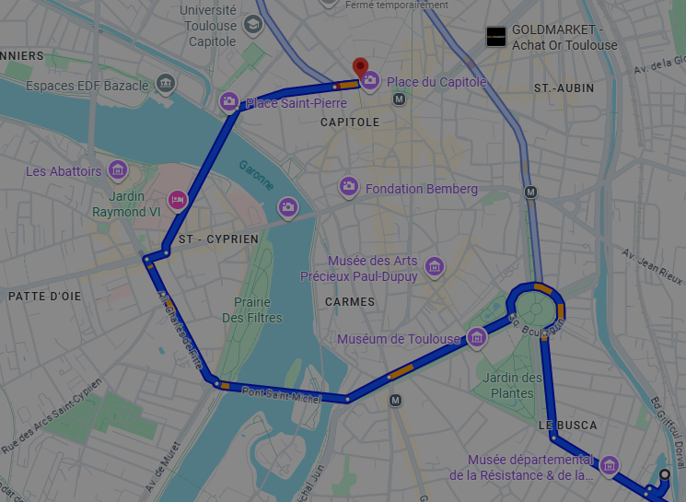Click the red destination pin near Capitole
pyautogui.click(x=361, y=66)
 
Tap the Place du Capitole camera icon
pyautogui.click(x=370, y=82)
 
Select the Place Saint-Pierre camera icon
pyautogui.click(x=229, y=102)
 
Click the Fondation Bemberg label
pyautogui.click(x=421, y=189)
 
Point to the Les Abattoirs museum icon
pyautogui.click(x=118, y=170)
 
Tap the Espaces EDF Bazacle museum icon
pyautogui.click(x=166, y=85)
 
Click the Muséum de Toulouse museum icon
pyautogui.click(x=477, y=338)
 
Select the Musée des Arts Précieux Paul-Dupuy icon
pyautogui.click(x=435, y=268)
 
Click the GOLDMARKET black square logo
pyautogui.click(x=496, y=37)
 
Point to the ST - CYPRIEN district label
pyautogui.click(x=218, y=239)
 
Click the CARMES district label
pyautogui.click(x=350, y=301)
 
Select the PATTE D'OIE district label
pyautogui.click(x=44, y=296)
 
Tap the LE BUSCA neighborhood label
pyautogui.click(x=567, y=426)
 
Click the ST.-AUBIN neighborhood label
pyautogui.click(x=564, y=88)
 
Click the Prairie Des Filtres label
pyautogui.click(x=252, y=309)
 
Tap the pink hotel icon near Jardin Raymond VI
pyautogui.click(x=178, y=199)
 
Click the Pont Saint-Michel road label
pyautogui.click(x=281, y=396)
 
